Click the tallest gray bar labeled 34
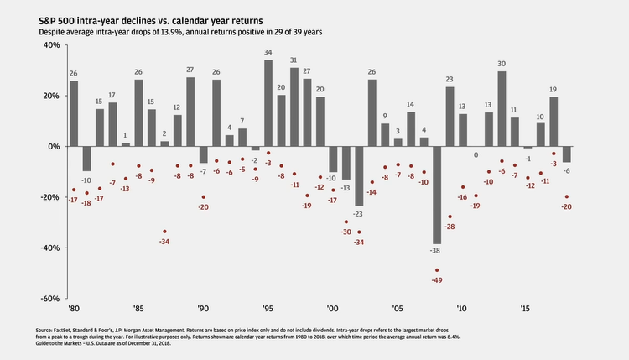click(x=268, y=103)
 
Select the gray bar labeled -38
click(x=437, y=195)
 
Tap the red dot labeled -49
click(x=437, y=270)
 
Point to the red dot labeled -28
click(x=450, y=217)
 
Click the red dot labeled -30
click(x=346, y=222)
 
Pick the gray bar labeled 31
click(x=294, y=107)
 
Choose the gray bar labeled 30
click(x=502, y=108)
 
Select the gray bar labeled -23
click(x=359, y=175)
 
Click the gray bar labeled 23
click(x=450, y=117)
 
